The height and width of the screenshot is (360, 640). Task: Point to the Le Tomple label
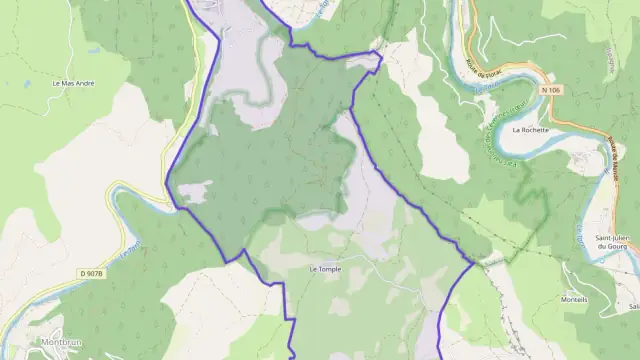tap(325, 269)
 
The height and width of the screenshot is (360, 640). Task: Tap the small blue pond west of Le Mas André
tap(28, 85)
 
